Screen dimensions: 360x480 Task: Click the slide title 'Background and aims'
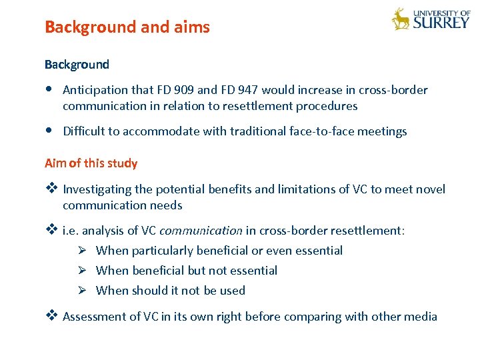pyautogui.click(x=127, y=27)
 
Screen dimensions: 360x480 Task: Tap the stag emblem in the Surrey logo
pyautogui.click(x=401, y=19)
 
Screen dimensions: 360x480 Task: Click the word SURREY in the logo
pyautogui.click(x=441, y=22)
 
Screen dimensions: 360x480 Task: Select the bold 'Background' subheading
pyautogui.click(x=77, y=65)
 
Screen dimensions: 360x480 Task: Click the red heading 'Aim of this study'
pyautogui.click(x=91, y=163)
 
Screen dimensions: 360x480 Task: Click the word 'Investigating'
pyautogui.click(x=98, y=189)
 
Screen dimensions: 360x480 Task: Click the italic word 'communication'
pyautogui.click(x=201, y=231)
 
